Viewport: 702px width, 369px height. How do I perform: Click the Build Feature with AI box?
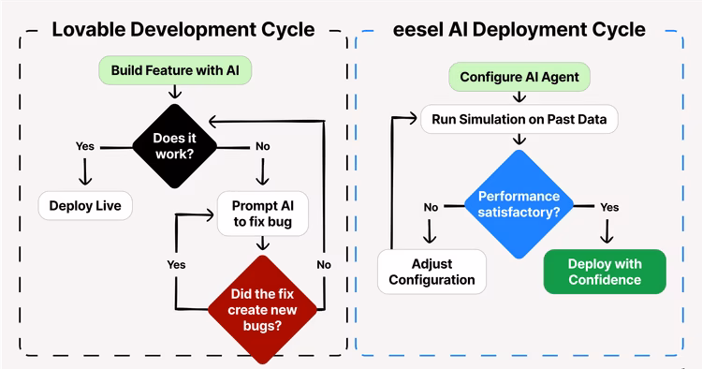pyautogui.click(x=174, y=70)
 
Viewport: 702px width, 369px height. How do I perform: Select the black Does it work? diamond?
pyautogui.click(x=175, y=146)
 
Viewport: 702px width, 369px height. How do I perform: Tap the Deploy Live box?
pyautogui.click(x=85, y=205)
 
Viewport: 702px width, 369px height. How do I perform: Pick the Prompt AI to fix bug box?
pyautogui.click(x=262, y=213)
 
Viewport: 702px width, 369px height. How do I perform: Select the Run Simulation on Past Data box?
pyautogui.click(x=519, y=119)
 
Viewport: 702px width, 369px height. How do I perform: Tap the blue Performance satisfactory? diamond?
pyautogui.click(x=519, y=205)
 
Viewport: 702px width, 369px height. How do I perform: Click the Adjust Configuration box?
pyautogui.click(x=431, y=271)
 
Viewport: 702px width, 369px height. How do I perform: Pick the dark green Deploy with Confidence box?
pyautogui.click(x=604, y=271)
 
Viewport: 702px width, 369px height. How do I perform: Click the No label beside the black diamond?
pyautogui.click(x=263, y=146)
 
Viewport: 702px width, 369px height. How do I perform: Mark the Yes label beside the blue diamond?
pyautogui.click(x=608, y=206)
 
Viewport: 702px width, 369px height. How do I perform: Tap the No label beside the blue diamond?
pyautogui.click(x=431, y=206)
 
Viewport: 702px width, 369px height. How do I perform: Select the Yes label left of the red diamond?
pyautogui.click(x=176, y=264)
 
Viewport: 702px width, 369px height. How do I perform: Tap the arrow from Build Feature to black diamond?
pyautogui.click(x=174, y=91)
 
